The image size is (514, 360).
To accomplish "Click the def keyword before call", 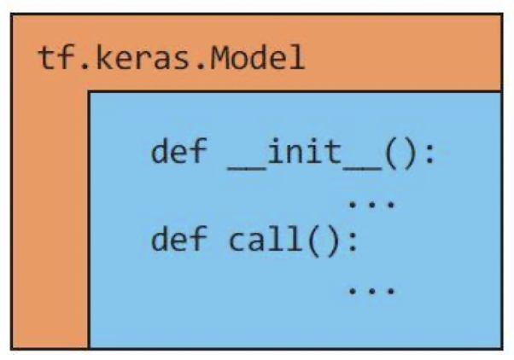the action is [x=178, y=240].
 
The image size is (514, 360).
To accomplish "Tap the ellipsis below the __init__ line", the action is [x=371, y=204].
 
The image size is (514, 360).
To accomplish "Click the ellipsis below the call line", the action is [x=371, y=289].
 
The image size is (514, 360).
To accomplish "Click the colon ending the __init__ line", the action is [x=429, y=156].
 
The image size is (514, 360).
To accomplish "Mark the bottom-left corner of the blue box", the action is [x=90, y=347].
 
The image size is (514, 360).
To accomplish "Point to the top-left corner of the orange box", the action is [x=12, y=15].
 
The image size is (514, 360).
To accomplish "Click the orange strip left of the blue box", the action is [x=50, y=222].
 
